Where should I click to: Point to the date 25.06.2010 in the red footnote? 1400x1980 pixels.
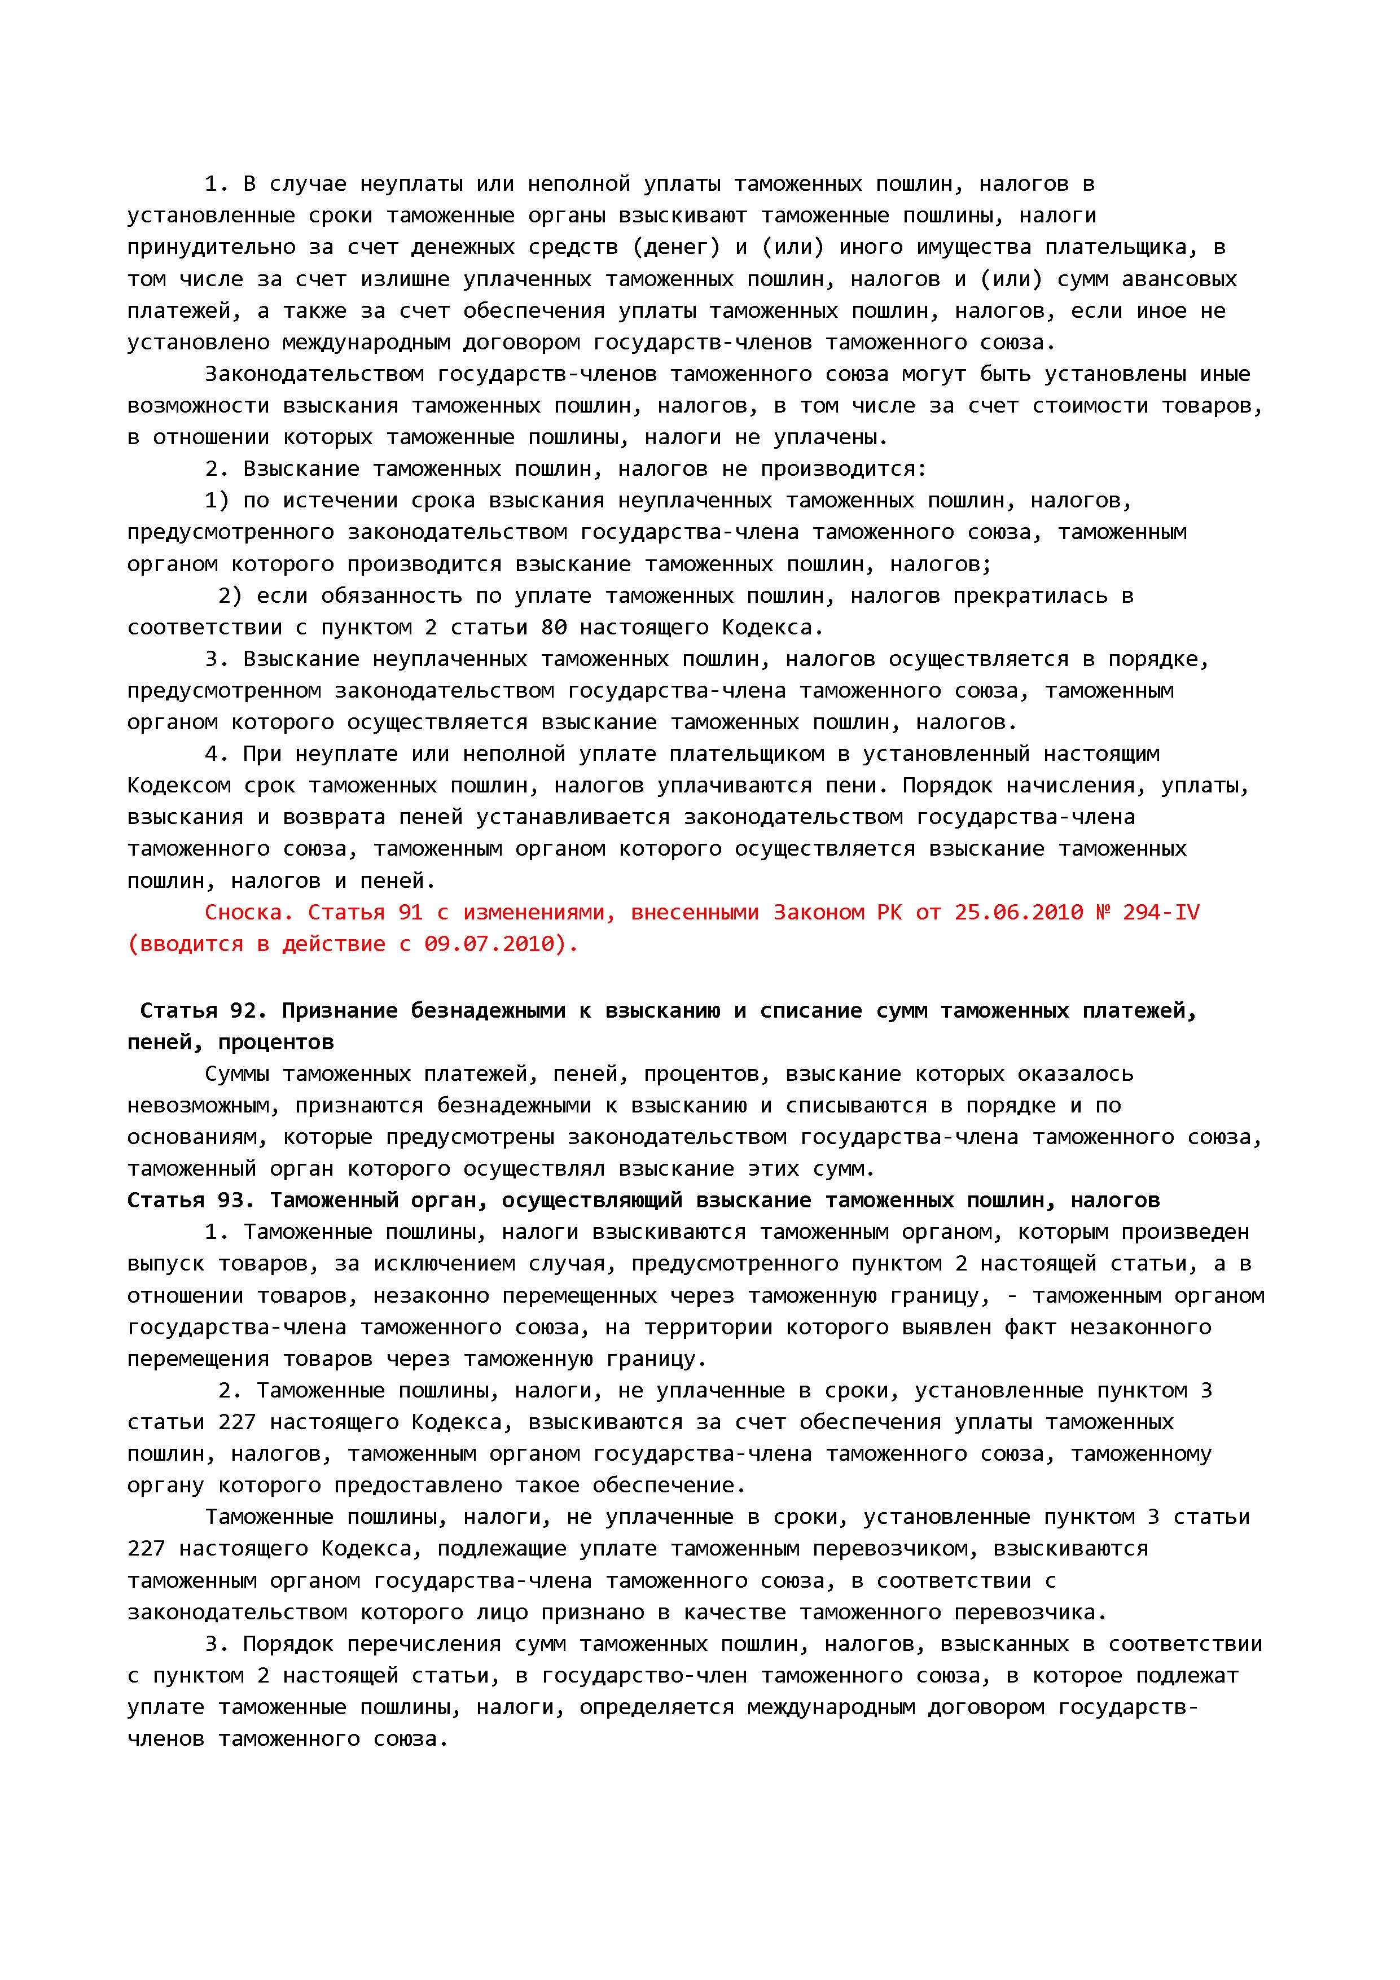click(x=1018, y=912)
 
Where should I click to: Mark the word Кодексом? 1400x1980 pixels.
click(x=178, y=786)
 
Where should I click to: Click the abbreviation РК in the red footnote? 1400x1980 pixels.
click(x=889, y=912)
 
